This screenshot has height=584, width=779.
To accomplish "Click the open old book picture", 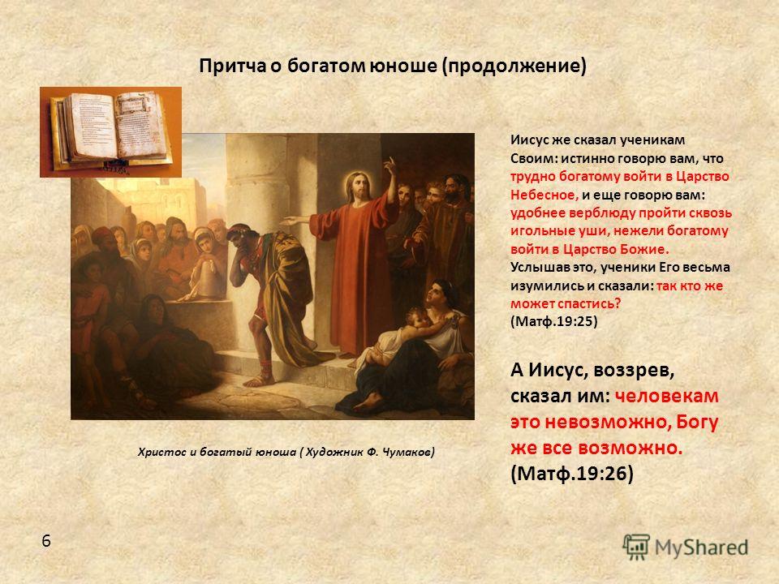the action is click(x=111, y=132).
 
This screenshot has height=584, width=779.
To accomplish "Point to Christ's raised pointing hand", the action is click(x=391, y=166).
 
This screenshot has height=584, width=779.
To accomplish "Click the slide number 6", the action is click(x=46, y=541).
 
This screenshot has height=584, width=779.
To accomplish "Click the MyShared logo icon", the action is click(x=636, y=547).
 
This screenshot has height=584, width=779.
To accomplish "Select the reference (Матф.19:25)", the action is click(x=554, y=321).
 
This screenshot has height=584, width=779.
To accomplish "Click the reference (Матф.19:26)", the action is click(x=572, y=473).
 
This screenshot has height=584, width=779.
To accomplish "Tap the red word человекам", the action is click(x=667, y=396).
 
